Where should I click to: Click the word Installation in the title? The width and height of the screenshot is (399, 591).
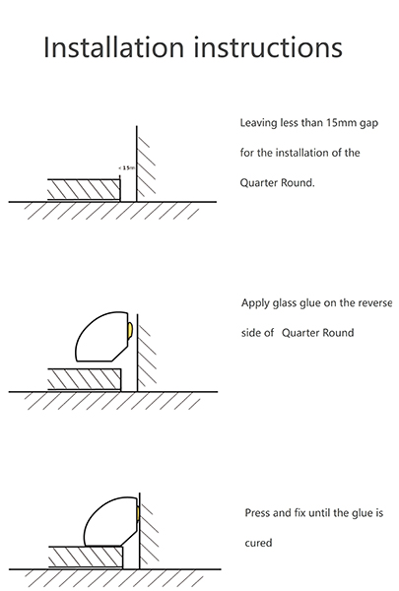pos(114,47)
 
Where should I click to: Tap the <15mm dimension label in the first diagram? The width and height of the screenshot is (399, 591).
pos(127,167)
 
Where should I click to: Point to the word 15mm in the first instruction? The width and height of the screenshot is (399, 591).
pos(341,123)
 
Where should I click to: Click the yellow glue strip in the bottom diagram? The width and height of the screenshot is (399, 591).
pos(138,512)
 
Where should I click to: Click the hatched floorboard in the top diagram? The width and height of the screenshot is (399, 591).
pos(84,189)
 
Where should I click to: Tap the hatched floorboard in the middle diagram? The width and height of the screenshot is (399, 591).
pos(85,379)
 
